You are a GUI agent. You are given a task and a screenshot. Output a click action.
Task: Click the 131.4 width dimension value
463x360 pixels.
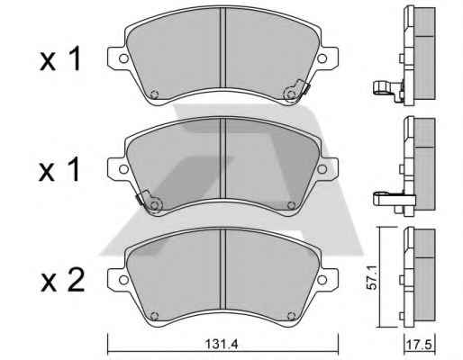(x=222, y=344)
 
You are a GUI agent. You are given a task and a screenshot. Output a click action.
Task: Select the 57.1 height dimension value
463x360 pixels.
(x=372, y=277)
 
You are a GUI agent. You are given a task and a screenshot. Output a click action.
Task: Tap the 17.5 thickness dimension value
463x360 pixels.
(x=419, y=345)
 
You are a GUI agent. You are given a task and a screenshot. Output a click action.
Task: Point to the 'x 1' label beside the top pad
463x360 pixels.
(x=60, y=58)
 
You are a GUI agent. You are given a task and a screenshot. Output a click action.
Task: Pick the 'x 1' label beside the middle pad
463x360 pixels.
(x=59, y=169)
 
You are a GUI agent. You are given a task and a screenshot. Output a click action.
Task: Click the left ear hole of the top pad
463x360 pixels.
(x=123, y=58)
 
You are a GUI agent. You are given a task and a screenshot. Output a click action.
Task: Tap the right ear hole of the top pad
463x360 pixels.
(x=322, y=58)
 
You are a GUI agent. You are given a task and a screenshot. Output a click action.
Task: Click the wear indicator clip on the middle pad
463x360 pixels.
(x=150, y=202)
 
